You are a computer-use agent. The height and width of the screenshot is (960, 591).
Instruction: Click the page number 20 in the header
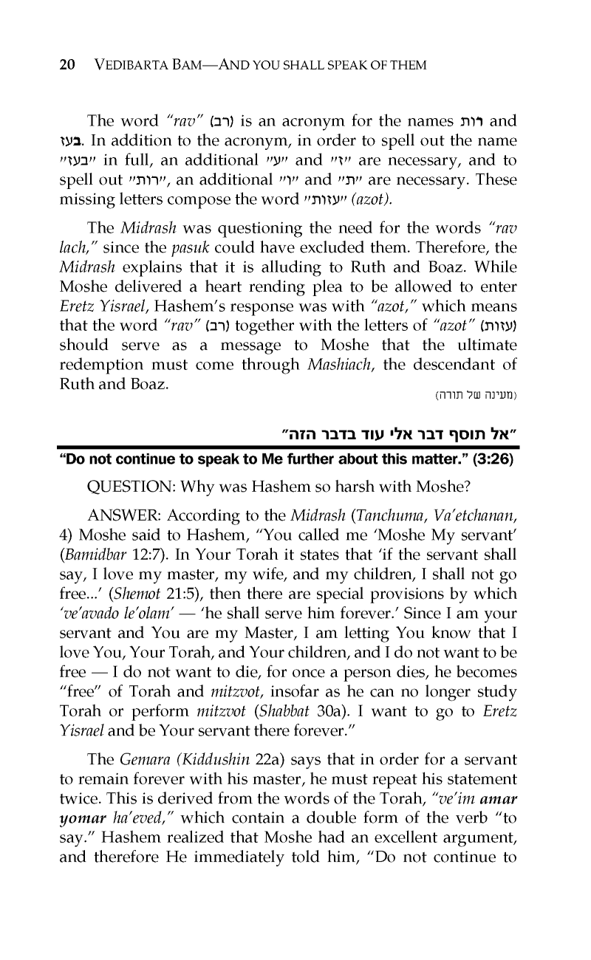coord(67,65)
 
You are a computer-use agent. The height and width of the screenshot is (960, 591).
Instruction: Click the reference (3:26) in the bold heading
coord(492,462)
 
